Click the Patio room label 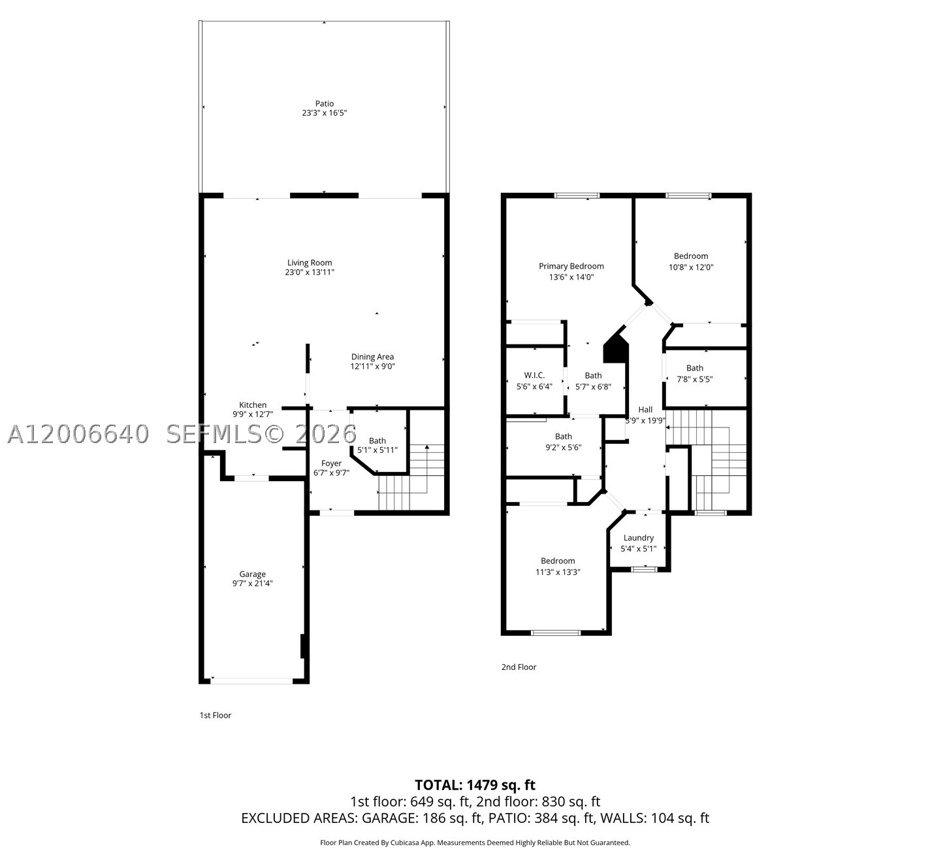pyautogui.click(x=324, y=103)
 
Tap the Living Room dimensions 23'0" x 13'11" pyautogui.click(x=310, y=272)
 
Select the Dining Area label pyautogui.click(x=372, y=357)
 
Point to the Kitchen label pyautogui.click(x=253, y=405)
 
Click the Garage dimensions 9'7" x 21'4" pyautogui.click(x=253, y=583)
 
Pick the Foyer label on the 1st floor pyautogui.click(x=331, y=463)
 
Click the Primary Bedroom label pyautogui.click(x=571, y=266)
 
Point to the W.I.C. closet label pyautogui.click(x=534, y=375)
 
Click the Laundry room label pyautogui.click(x=638, y=538)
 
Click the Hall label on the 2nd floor pyautogui.click(x=645, y=409)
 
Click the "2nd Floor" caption pyautogui.click(x=519, y=667)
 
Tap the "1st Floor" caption pyautogui.click(x=216, y=715)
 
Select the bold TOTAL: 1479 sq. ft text pyautogui.click(x=475, y=785)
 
